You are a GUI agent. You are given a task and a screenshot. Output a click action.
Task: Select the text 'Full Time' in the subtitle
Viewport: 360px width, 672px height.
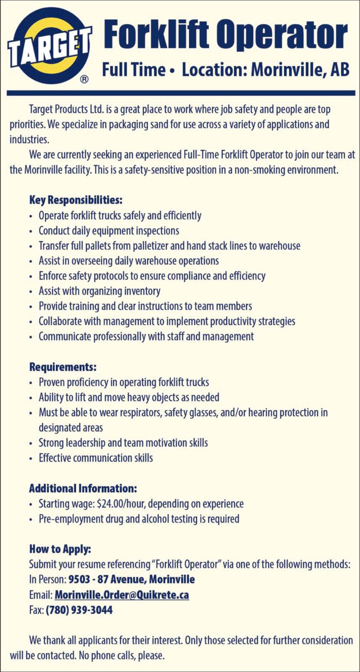coord(134,70)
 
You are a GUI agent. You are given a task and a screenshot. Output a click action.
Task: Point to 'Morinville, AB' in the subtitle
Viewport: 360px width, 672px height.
coord(300,70)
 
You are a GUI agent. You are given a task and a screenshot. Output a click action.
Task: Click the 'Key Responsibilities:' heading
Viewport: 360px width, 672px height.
coord(76,199)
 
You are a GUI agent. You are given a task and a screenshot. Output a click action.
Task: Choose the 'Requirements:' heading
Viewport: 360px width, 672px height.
coord(63,367)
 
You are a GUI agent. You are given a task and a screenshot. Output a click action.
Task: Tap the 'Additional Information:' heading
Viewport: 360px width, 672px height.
coord(83,488)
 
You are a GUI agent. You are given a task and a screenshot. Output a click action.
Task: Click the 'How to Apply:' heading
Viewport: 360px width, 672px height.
coord(60,549)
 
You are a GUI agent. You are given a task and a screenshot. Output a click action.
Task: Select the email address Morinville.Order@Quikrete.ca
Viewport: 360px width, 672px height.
coord(121,595)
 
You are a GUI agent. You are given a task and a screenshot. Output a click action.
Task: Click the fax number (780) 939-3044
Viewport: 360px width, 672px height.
coord(79,610)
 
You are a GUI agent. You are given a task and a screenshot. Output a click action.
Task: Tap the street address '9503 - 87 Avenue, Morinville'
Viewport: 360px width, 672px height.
coord(131,579)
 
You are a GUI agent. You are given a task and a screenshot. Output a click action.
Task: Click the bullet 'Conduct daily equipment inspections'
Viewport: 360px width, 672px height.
coord(109,231)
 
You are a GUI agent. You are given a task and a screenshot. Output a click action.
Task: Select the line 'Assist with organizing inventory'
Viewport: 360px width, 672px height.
coord(99,291)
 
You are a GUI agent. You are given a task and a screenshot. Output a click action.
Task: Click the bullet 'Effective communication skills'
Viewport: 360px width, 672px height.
coord(96,458)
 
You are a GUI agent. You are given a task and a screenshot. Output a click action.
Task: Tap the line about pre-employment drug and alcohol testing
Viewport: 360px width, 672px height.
coord(139,519)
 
